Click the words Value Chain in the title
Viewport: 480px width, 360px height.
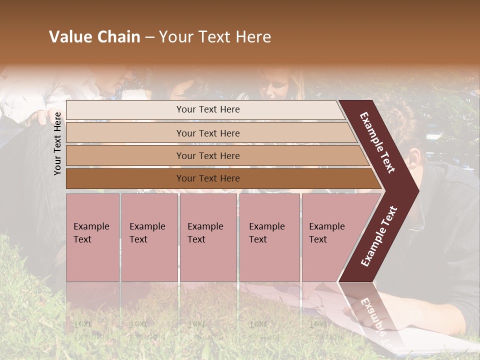(94, 37)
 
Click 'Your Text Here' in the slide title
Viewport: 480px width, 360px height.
(215, 37)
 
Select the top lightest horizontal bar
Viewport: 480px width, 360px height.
(207, 109)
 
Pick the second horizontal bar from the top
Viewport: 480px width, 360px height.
(207, 133)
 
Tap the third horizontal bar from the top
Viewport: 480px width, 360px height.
(207, 155)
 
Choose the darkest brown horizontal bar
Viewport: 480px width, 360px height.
(207, 178)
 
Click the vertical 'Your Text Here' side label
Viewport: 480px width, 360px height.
(58, 143)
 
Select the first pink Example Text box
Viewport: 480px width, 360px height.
(92, 237)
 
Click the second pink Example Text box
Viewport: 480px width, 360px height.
(149, 237)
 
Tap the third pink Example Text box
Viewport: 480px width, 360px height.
(207, 237)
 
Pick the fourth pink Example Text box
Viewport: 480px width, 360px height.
(269, 237)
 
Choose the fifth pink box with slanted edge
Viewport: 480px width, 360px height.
(330, 237)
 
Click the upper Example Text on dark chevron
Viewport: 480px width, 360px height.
(377, 142)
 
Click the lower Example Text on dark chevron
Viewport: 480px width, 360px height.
(379, 236)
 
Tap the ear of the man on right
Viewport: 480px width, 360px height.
(416, 159)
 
